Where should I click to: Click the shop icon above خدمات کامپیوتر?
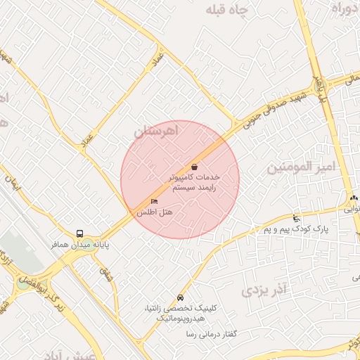point(194,167)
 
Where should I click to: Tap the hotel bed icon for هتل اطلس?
point(154,202)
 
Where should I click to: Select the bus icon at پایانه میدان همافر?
point(79,233)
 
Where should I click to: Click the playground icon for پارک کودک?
point(296,219)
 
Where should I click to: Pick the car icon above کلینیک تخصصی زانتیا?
point(181,297)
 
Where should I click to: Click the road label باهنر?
point(321,88)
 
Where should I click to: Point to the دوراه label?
point(346,9)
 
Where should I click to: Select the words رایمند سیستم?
point(193,188)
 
